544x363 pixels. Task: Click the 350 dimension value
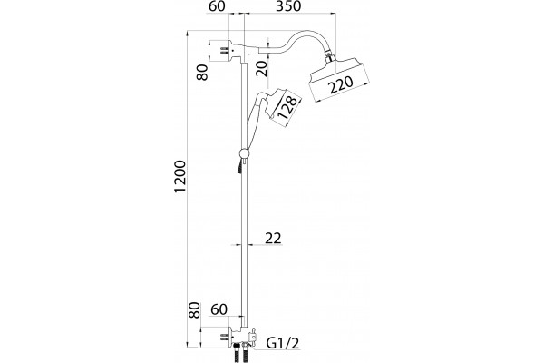coord(288,6)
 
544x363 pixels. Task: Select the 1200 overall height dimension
coord(180,176)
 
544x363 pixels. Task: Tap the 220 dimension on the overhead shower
coord(341,85)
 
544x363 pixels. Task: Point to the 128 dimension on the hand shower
coord(288,107)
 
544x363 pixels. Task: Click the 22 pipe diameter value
coord(273,239)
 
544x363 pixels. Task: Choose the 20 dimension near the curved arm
coord(263,69)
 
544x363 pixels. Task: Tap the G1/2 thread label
coord(283,343)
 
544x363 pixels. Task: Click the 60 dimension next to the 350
coord(218,6)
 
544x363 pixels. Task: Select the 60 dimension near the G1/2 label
coord(219,309)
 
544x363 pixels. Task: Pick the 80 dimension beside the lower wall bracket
coord(195,310)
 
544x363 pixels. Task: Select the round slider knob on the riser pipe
coord(244,153)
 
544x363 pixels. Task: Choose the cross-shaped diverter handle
coord(253,336)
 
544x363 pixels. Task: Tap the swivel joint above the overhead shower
coord(329,56)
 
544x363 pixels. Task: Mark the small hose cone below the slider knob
coord(240,167)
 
